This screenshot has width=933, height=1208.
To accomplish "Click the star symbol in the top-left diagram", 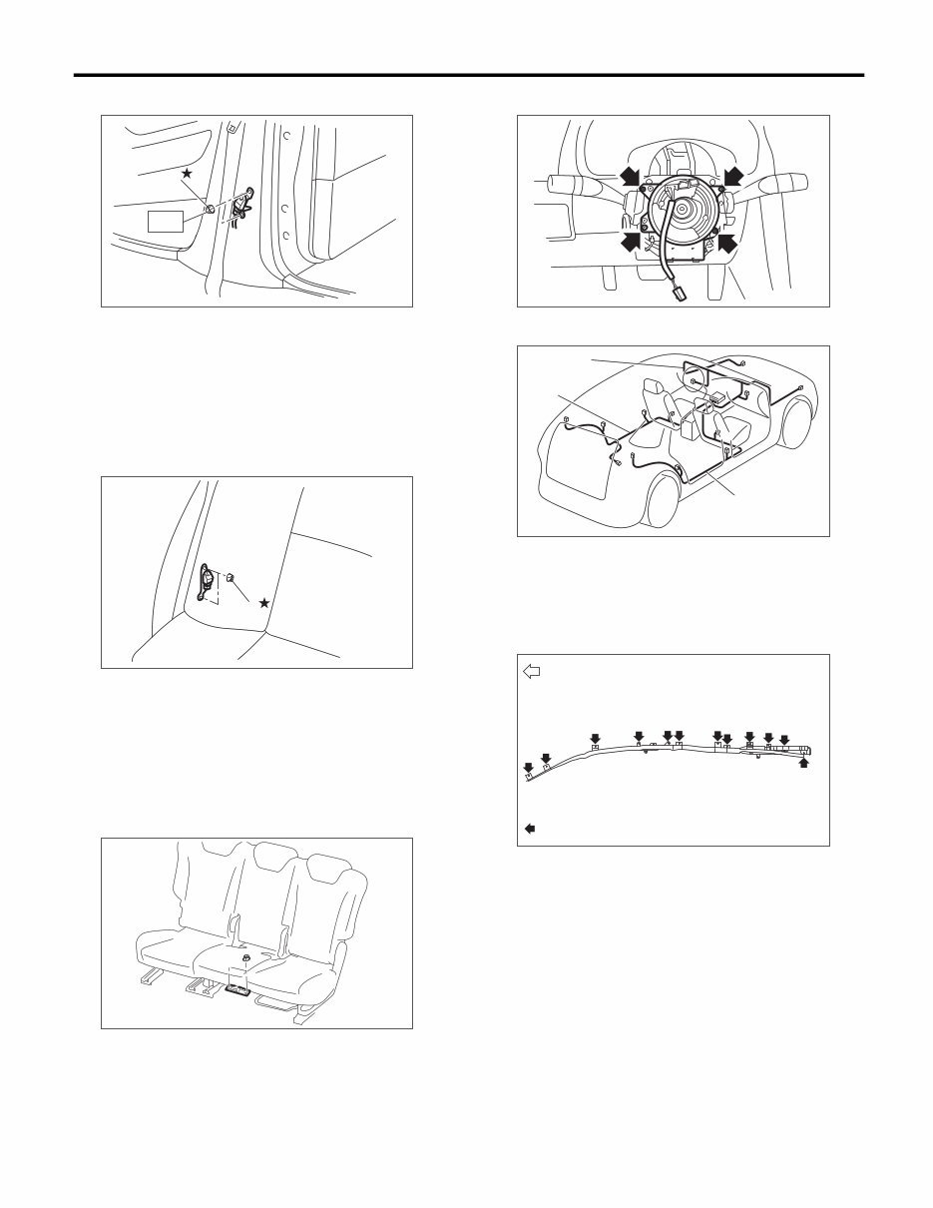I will click(187, 174).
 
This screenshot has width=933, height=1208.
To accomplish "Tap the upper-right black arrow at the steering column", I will click(731, 176).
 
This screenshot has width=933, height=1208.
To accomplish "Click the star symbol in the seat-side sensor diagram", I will click(263, 603).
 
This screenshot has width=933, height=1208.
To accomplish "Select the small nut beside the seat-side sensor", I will click(230, 577).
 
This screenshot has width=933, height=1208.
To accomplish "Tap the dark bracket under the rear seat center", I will click(239, 990).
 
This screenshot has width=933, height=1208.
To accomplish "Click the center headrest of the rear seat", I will click(276, 856).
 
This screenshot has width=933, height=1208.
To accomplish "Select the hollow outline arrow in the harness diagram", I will click(532, 672).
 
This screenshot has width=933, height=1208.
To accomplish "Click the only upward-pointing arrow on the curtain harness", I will click(804, 764).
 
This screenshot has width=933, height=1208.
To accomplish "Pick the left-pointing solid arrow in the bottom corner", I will click(531, 828).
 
